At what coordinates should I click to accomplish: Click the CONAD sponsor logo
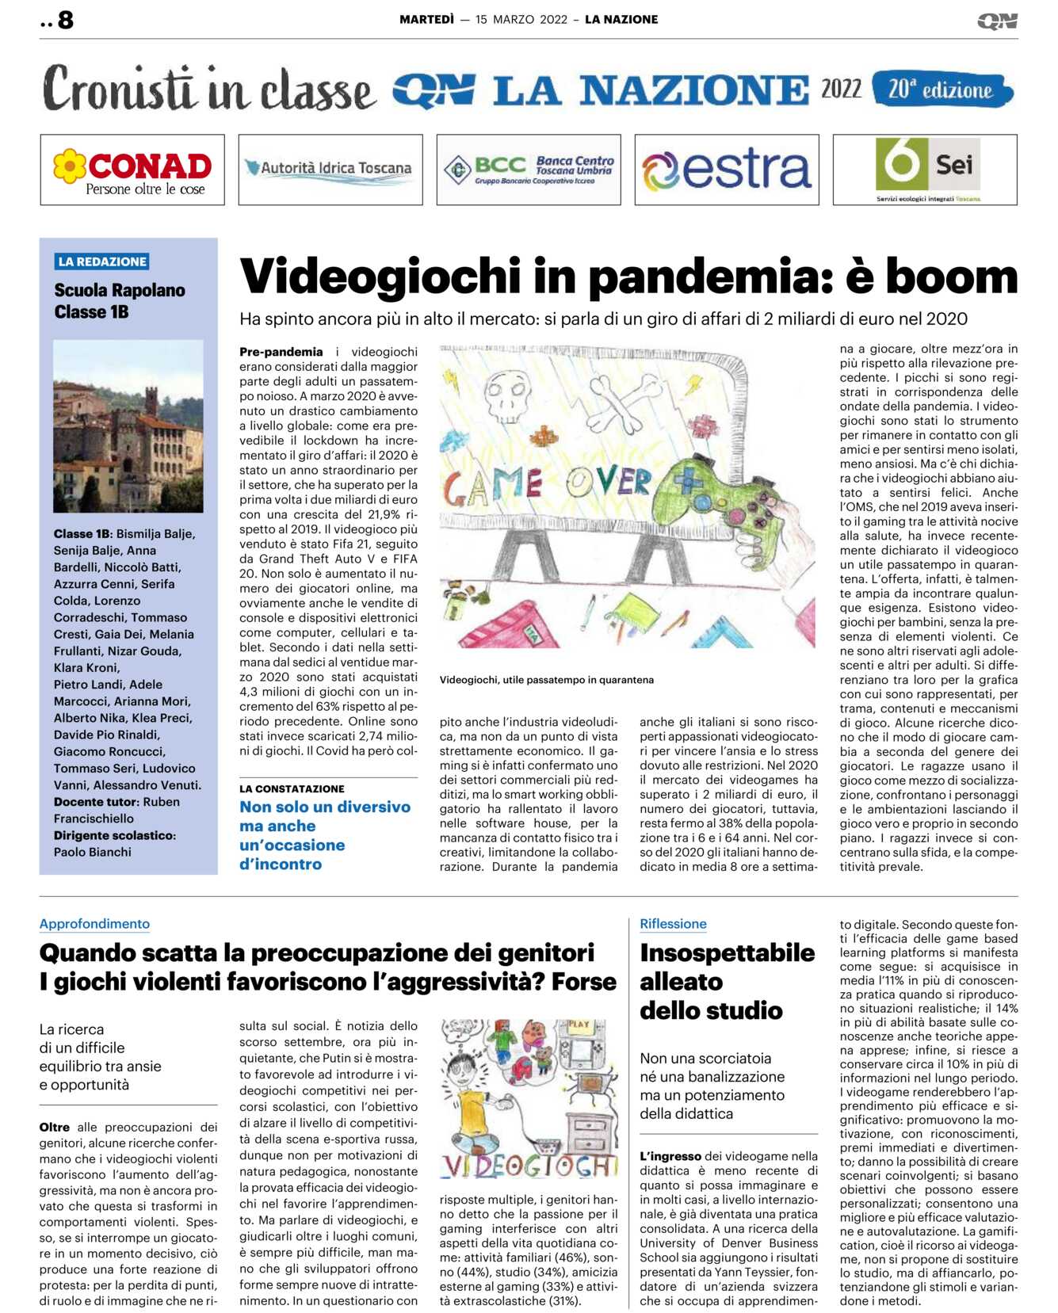click(x=132, y=170)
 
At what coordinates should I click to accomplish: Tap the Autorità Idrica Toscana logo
click(x=330, y=169)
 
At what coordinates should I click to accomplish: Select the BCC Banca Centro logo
click(x=529, y=170)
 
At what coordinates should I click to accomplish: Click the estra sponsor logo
click(x=727, y=170)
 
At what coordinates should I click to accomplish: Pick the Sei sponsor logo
click(x=926, y=169)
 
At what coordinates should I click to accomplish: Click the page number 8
click(x=65, y=20)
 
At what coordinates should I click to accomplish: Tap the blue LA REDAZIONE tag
click(x=102, y=261)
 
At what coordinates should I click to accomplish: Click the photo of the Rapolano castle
click(x=128, y=426)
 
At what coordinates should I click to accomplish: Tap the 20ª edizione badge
click(x=942, y=90)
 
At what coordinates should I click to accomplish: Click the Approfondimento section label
click(x=94, y=924)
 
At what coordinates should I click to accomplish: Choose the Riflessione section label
click(x=673, y=924)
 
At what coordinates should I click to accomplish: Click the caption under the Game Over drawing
click(x=547, y=680)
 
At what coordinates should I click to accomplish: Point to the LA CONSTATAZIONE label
click(x=292, y=789)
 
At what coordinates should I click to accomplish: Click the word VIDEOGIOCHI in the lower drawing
click(x=529, y=1166)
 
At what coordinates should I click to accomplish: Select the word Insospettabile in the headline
click(x=727, y=952)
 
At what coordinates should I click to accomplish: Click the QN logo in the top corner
click(x=997, y=21)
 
